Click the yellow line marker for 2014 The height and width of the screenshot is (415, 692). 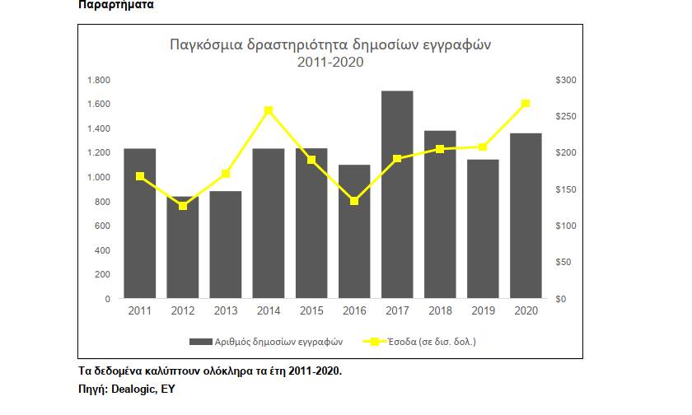(269, 110)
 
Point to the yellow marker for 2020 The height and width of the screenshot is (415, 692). (526, 103)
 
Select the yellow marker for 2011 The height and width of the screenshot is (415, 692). (140, 175)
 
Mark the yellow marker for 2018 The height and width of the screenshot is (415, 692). (440, 149)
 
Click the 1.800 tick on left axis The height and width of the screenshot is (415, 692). (99, 80)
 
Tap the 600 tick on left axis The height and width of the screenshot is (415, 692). (102, 226)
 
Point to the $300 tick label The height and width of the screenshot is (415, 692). (567, 80)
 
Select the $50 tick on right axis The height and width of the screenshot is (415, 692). (565, 262)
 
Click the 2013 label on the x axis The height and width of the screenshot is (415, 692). (225, 310)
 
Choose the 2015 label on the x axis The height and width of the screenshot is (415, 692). (311, 310)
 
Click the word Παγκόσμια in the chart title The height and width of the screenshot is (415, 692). (204, 44)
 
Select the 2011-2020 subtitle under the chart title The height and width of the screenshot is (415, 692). (330, 62)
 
